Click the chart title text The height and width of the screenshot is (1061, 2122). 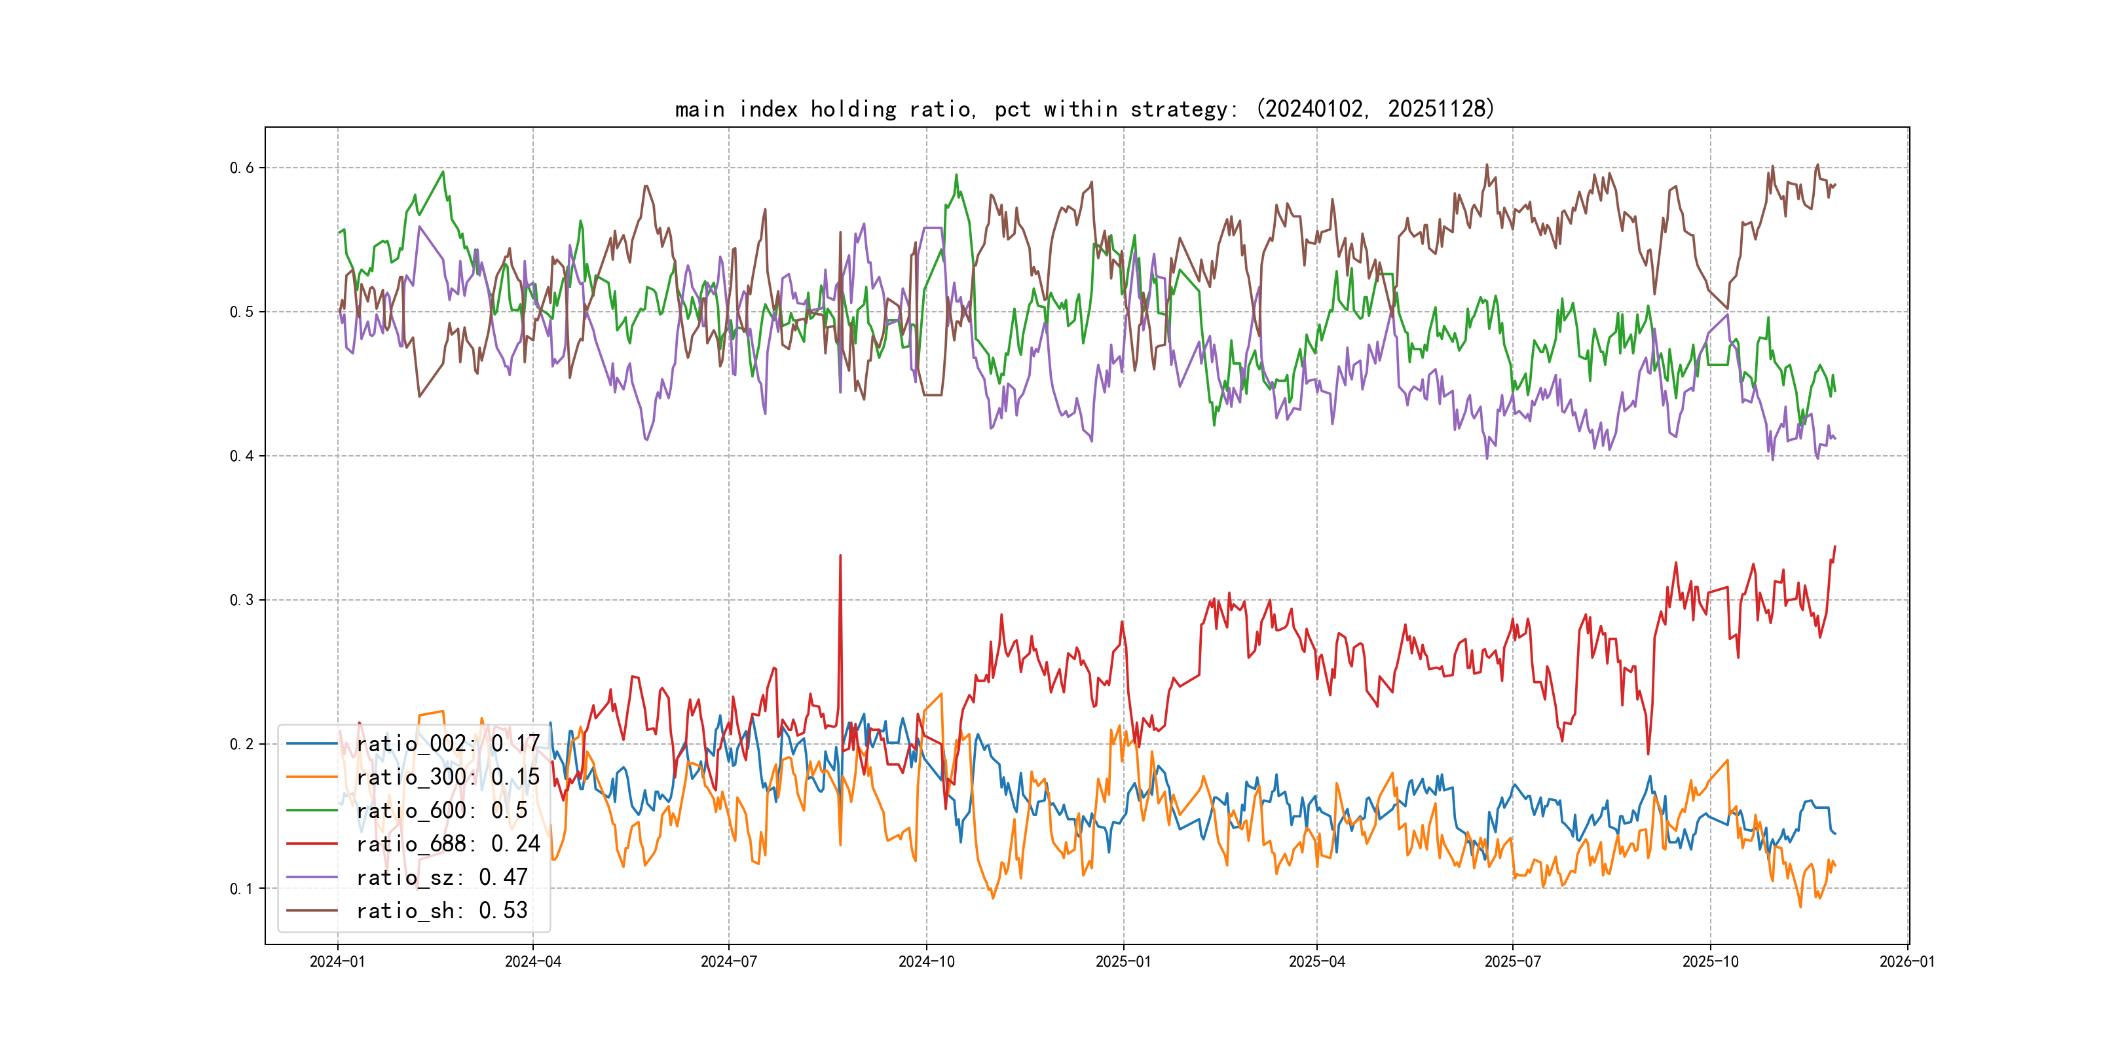point(1084,109)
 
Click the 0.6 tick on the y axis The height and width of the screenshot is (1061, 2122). point(242,168)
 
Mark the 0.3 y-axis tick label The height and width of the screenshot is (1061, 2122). point(242,600)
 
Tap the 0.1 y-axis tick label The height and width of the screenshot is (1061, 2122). point(242,888)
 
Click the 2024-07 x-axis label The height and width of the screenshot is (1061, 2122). point(728,961)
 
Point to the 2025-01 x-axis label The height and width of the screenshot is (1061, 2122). point(1123,961)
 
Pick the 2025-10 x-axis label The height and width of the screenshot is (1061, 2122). point(1710,961)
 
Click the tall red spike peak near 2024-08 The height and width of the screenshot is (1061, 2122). point(840,556)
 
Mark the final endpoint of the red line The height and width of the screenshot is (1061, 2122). point(1834,546)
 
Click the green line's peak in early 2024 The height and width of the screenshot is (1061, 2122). point(443,172)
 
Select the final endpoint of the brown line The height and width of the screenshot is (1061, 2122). point(1834,185)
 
